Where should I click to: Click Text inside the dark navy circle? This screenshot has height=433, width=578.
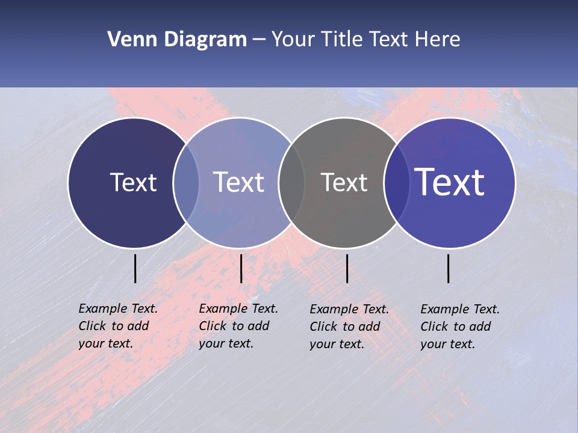click(x=133, y=182)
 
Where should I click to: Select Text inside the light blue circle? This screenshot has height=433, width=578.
click(x=239, y=182)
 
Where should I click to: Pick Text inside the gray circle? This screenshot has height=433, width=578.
click(x=344, y=182)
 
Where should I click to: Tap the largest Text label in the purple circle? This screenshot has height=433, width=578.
click(x=450, y=182)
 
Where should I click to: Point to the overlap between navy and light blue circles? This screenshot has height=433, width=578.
click(x=186, y=182)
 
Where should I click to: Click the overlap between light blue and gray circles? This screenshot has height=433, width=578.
click(x=291, y=182)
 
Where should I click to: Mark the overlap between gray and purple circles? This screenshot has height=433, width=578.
click(x=397, y=182)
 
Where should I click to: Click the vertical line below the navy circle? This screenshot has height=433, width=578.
click(x=135, y=268)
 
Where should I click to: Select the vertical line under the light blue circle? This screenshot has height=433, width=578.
click(x=241, y=268)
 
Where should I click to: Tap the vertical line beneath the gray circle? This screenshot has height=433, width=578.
click(x=347, y=268)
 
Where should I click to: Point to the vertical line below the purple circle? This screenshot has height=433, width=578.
click(x=449, y=268)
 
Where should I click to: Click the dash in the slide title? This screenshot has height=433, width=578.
click(x=259, y=40)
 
